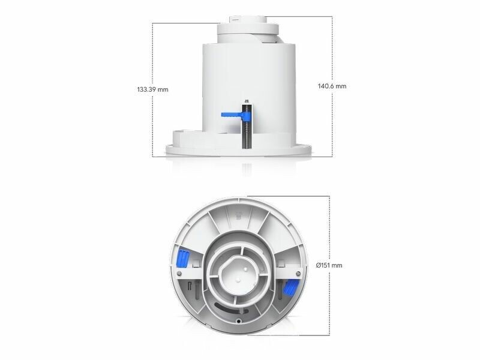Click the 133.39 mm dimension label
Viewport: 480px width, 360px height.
click(153, 89)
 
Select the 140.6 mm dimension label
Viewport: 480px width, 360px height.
click(332, 86)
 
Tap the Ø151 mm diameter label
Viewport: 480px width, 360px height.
click(329, 265)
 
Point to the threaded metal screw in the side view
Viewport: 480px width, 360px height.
click(247, 126)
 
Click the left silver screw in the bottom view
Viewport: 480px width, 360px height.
click(179, 273)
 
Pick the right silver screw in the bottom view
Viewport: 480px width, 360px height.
click(298, 273)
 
